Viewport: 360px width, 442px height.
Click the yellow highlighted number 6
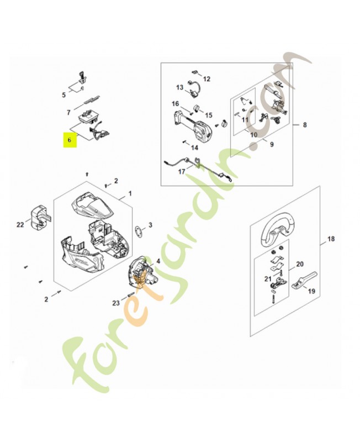(x=69, y=140)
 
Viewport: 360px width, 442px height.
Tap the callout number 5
(x=63, y=95)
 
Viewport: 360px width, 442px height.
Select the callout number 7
(x=68, y=112)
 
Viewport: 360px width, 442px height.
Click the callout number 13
(x=179, y=87)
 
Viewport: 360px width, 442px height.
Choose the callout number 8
(x=304, y=125)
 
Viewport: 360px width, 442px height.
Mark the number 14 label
(x=194, y=148)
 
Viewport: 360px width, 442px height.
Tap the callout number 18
(x=331, y=239)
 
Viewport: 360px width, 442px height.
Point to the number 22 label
(x=20, y=224)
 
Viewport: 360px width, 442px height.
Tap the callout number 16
(x=175, y=104)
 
